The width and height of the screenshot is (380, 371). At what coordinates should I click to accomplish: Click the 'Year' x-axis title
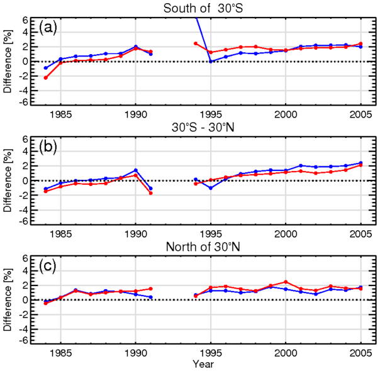pos(201,365)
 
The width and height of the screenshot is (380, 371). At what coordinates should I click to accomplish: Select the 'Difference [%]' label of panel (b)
pos(8,180)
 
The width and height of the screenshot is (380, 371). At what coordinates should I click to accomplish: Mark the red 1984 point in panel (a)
pos(46,77)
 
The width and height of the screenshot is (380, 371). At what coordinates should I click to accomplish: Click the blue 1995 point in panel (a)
pos(211,61)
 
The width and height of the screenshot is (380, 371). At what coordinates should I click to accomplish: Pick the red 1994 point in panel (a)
pos(196,43)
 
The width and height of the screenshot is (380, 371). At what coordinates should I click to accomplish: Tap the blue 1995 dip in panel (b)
pos(211,188)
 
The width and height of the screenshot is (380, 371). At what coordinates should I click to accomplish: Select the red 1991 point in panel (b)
pos(151,193)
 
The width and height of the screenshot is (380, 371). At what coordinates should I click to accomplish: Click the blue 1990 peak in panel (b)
pos(136,170)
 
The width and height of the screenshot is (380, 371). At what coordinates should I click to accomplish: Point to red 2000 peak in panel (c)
pos(286,282)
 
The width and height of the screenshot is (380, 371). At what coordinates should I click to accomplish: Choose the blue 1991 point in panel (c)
pos(151,297)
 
